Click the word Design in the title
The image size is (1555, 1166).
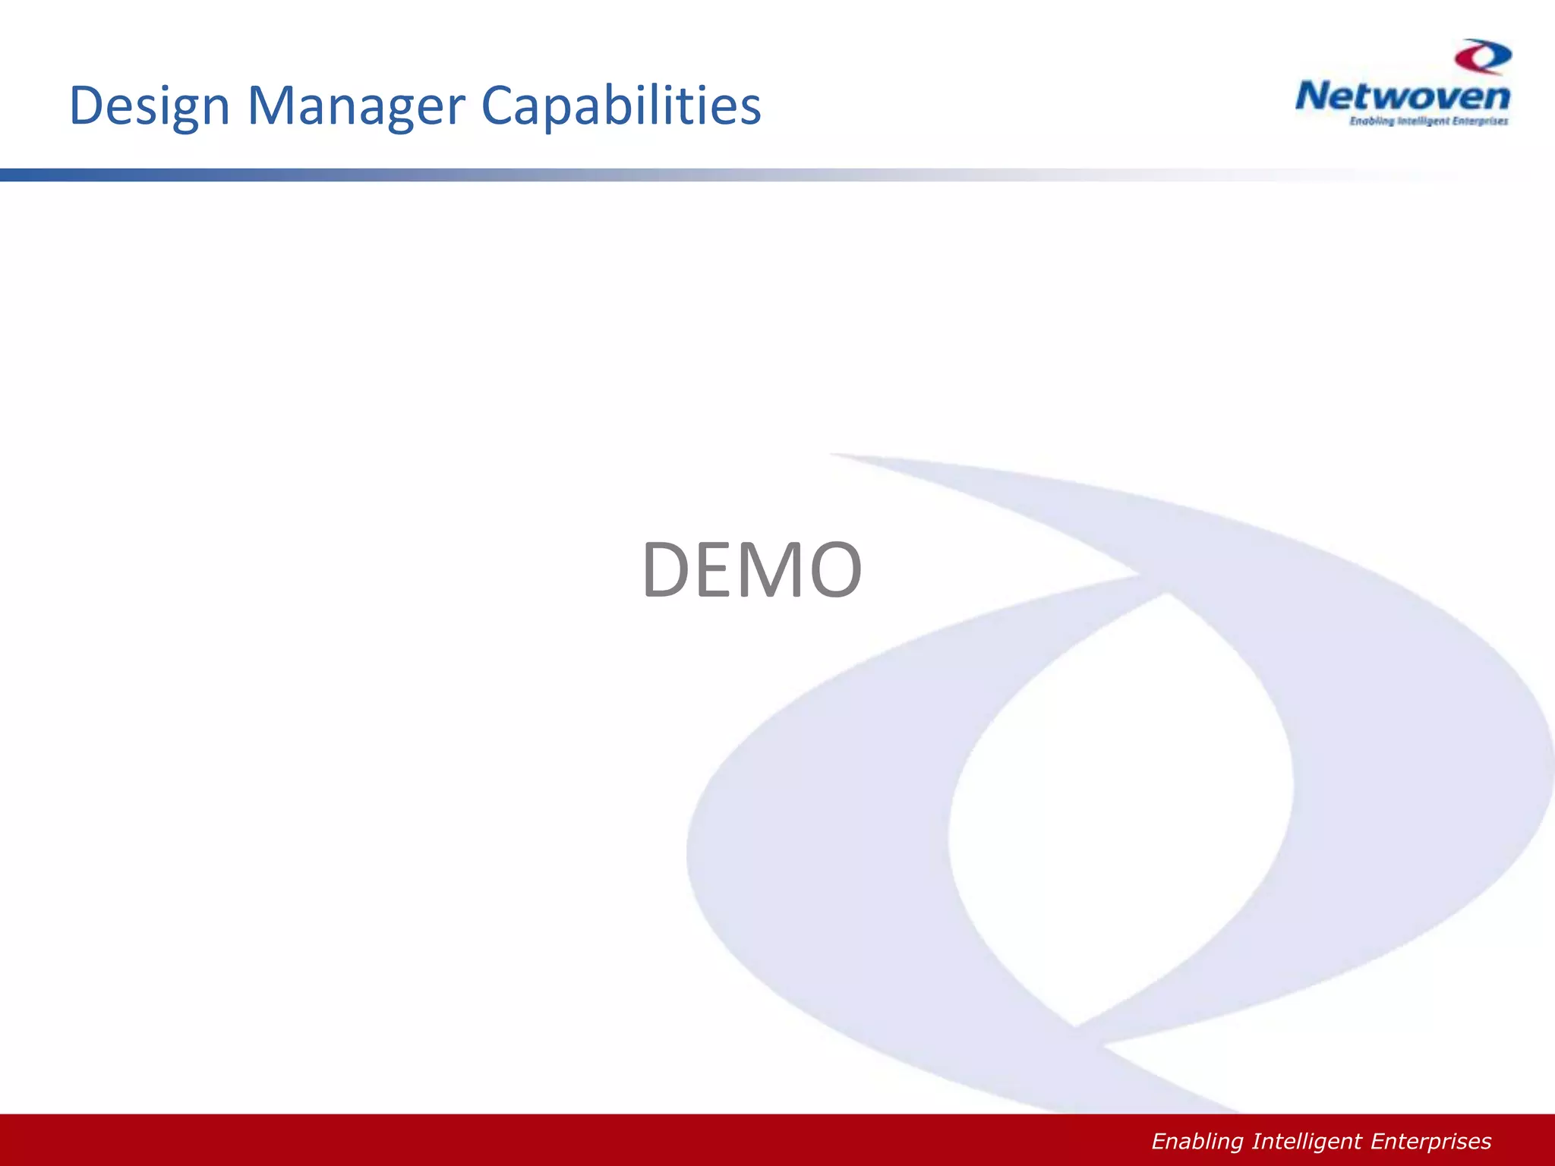coord(150,106)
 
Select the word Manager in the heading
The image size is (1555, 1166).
coord(356,106)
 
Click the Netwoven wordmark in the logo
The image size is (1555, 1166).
coord(1402,97)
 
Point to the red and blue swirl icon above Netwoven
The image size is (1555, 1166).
coord(1483,58)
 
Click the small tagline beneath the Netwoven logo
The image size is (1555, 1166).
coord(1428,121)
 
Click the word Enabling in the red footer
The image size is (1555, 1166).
coord(1197,1142)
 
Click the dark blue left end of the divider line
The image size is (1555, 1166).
coord(23,175)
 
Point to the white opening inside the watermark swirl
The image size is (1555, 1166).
coord(1116,805)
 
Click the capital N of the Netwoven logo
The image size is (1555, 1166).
coord(1311,97)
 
